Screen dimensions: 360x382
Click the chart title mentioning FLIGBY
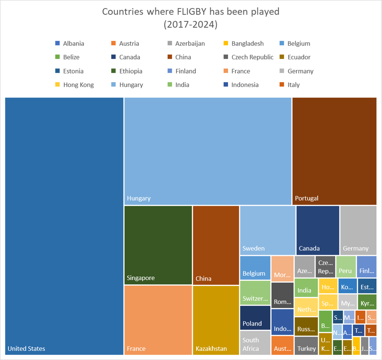click(x=190, y=18)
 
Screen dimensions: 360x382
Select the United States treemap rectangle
click(x=64, y=226)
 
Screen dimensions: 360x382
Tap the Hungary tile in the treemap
click(x=208, y=151)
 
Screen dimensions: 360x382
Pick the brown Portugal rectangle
click(x=334, y=151)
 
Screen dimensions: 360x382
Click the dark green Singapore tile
click(x=158, y=245)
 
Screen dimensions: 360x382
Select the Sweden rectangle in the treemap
click(x=267, y=230)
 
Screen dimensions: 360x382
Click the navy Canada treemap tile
click(x=318, y=230)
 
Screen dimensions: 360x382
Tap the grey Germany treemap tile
click(x=358, y=230)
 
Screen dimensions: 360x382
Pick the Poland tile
click(x=255, y=318)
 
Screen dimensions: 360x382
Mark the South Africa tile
click(x=255, y=343)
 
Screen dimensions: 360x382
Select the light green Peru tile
click(x=346, y=266)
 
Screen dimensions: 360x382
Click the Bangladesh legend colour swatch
click(x=226, y=44)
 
